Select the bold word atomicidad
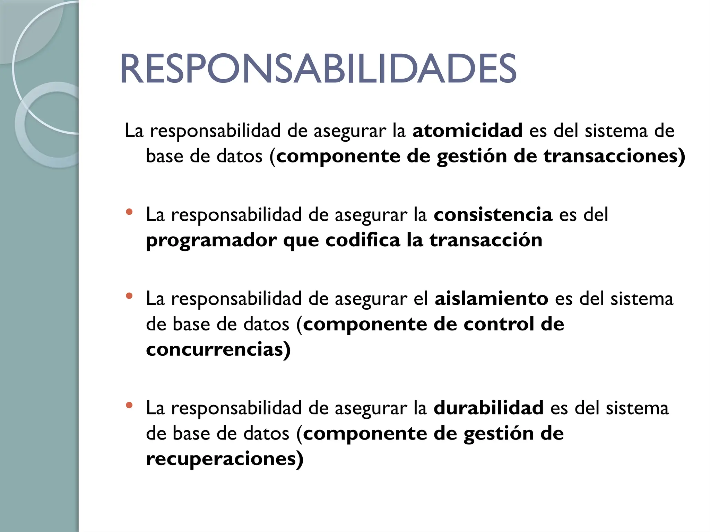tap(467, 131)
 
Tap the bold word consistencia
tap(493, 215)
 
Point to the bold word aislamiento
tap(491, 299)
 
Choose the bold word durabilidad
tap(488, 408)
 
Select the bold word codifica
tap(363, 240)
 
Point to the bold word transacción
tap(486, 240)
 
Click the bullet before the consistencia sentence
tap(129, 212)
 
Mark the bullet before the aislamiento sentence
tap(129, 296)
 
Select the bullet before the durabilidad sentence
tap(129, 405)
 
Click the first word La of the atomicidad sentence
tap(134, 131)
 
